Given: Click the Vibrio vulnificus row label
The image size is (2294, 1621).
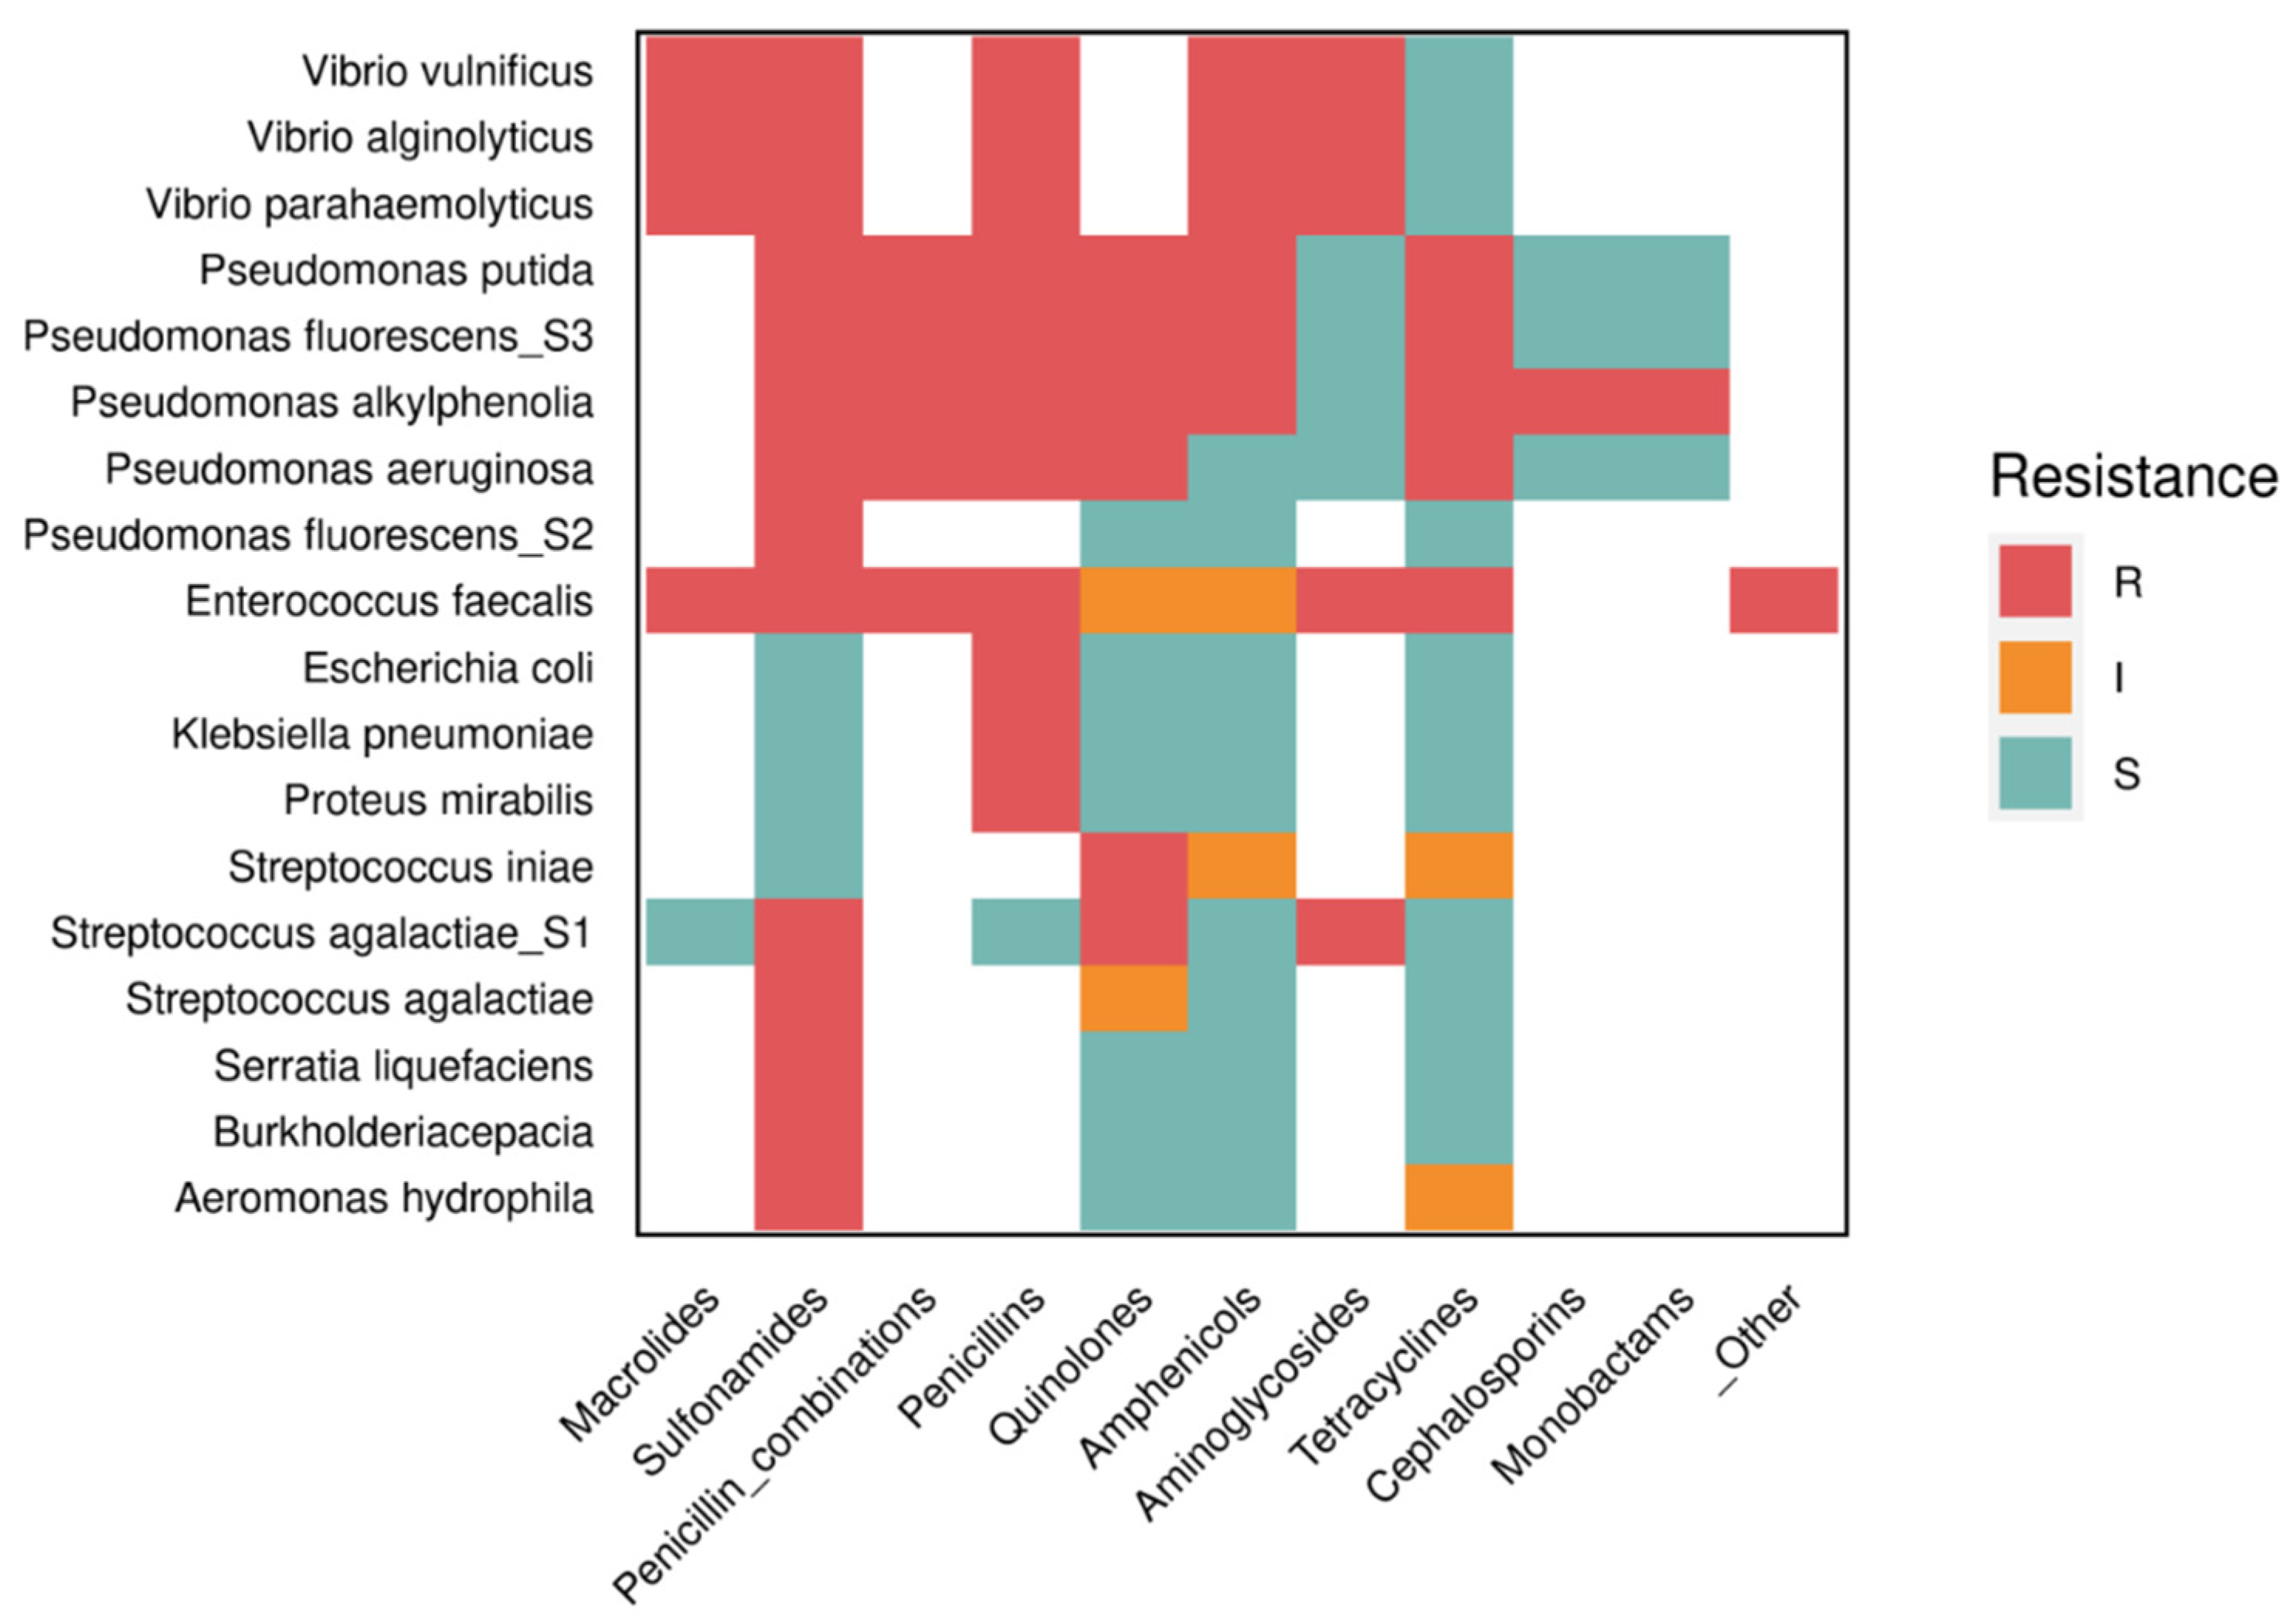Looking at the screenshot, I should (x=447, y=71).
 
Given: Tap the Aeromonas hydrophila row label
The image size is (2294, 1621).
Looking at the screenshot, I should (x=384, y=1198).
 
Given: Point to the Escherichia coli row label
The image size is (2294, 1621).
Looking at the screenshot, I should (x=447, y=668).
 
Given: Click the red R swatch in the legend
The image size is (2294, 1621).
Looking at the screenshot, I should (x=2034, y=581).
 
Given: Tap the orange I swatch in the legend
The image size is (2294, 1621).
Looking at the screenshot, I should (x=2034, y=678).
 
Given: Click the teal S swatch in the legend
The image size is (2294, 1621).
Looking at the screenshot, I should (x=2034, y=773).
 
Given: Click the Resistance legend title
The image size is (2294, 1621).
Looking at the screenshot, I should (x=2133, y=477).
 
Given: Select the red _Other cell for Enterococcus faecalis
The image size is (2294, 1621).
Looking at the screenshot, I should (x=1783, y=600).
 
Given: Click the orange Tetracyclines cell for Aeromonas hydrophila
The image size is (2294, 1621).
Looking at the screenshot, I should (x=1459, y=1198).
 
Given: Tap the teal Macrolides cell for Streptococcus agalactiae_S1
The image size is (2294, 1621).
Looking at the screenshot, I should (x=699, y=933).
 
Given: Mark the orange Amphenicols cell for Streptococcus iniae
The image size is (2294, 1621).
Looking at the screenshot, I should (x=1242, y=865).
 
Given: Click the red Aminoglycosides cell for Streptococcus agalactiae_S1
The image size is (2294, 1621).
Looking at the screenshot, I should (x=1350, y=933).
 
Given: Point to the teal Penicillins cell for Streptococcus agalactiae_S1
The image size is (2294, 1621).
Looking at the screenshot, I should (x=1025, y=933).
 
